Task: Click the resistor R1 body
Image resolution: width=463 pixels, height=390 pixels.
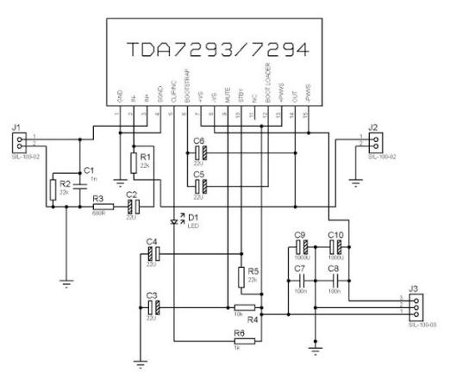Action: (x=134, y=162)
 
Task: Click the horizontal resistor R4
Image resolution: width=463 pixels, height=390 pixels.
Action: (x=244, y=307)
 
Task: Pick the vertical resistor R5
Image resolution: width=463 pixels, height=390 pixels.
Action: (x=241, y=277)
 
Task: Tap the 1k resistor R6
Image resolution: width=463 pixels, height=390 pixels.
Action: (x=244, y=341)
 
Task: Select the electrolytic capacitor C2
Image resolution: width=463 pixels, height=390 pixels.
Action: (x=131, y=207)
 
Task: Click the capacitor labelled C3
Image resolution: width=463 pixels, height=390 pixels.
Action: (x=152, y=307)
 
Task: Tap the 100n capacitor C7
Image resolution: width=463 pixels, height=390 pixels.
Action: (x=300, y=282)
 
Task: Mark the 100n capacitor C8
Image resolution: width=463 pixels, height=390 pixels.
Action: (x=336, y=282)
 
